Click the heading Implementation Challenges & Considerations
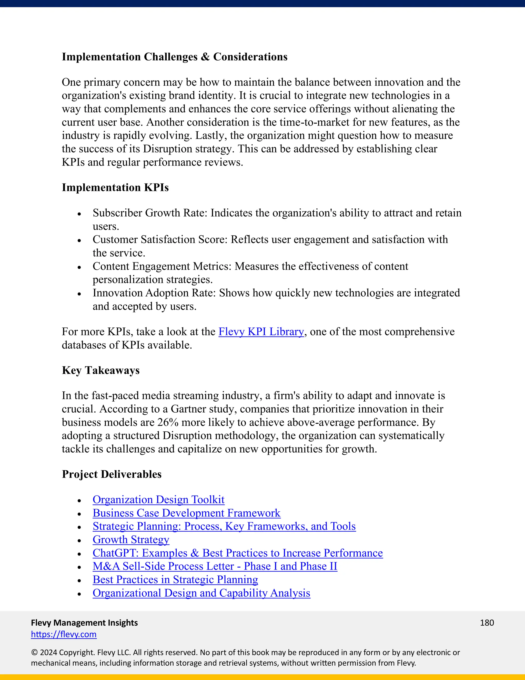175,57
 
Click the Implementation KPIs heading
115,187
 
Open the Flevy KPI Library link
261,332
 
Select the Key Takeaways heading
100,370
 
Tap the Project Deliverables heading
112,474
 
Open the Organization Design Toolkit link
158,500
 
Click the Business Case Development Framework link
186,513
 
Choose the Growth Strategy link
131,540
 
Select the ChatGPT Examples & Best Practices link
237,553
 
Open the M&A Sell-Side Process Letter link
215,566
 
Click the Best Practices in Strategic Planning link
175,580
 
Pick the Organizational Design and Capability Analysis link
201,593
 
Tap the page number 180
487,623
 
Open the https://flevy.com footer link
64,634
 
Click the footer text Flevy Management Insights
84,623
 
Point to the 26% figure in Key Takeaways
168,423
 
